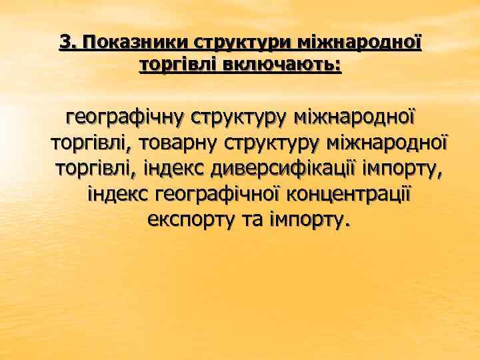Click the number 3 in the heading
[x=65, y=42]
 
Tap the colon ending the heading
[x=338, y=65]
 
